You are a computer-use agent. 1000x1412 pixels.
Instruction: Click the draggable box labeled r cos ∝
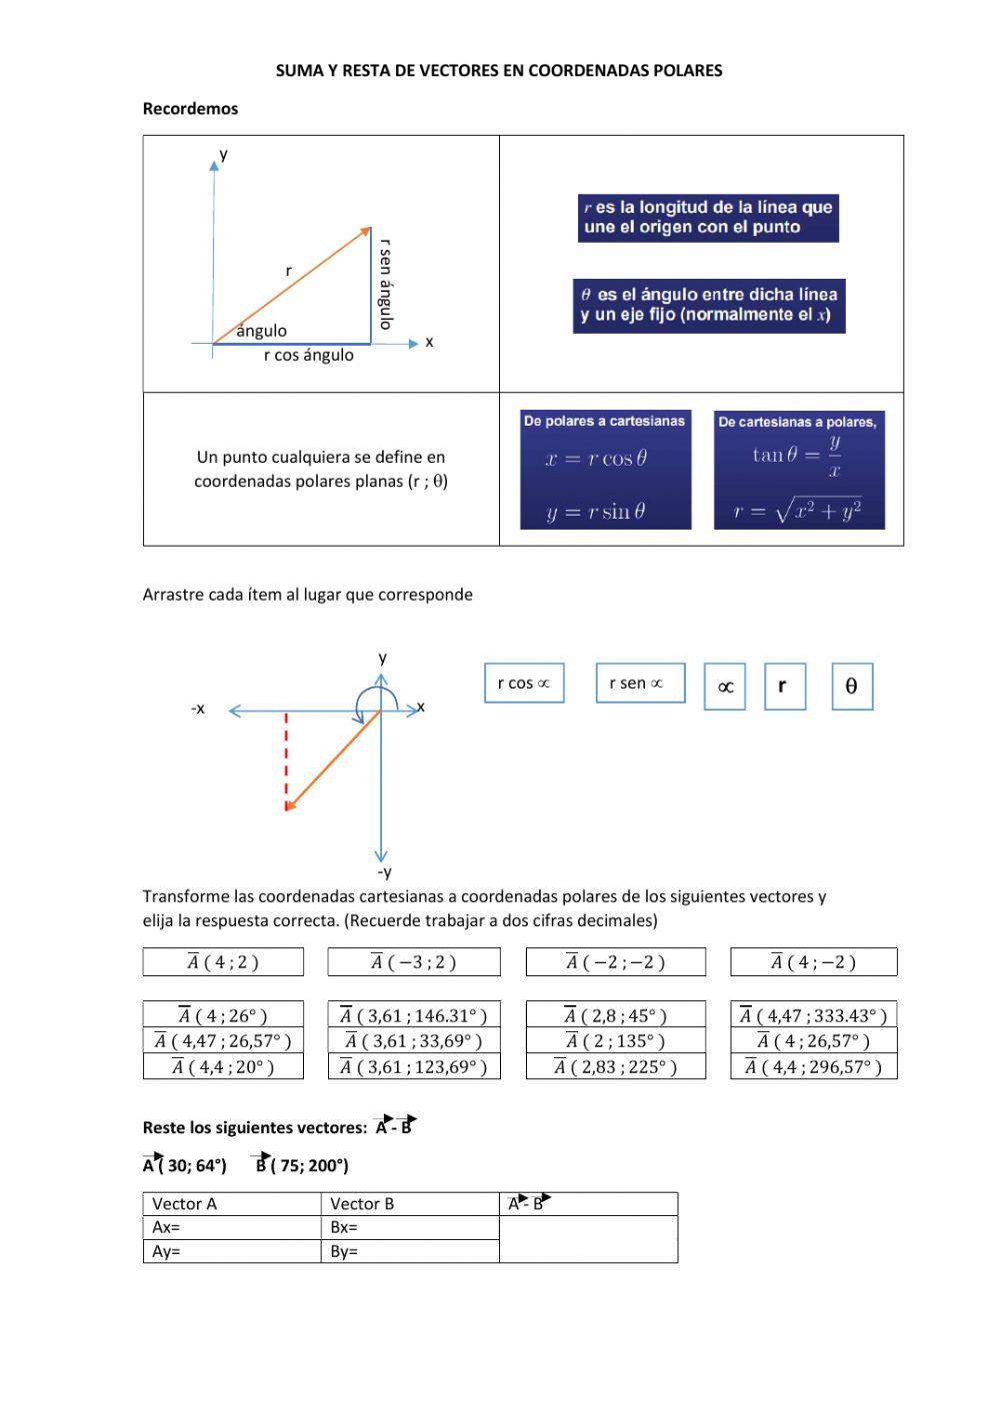pyautogui.click(x=524, y=684)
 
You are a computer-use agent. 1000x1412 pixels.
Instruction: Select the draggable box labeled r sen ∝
pyautogui.click(x=640, y=684)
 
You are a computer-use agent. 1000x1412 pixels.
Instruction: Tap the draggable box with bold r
pyautogui.click(x=784, y=686)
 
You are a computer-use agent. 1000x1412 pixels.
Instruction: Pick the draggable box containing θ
pyautogui.click(x=852, y=686)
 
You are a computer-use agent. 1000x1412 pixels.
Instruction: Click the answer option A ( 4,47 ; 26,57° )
pyautogui.click(x=223, y=1041)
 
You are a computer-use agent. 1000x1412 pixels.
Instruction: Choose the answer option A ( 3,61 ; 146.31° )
pyautogui.click(x=414, y=1015)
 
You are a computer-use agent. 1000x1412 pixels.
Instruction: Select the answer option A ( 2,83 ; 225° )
pyautogui.click(x=615, y=1067)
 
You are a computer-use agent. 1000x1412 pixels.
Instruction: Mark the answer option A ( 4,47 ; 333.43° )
pyautogui.click(x=813, y=1015)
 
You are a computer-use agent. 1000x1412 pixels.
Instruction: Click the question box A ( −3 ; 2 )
pyautogui.click(x=413, y=962)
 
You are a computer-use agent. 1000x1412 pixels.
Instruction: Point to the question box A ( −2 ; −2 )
pyautogui.click(x=615, y=962)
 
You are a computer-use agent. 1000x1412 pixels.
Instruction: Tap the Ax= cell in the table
pyautogui.click(x=231, y=1227)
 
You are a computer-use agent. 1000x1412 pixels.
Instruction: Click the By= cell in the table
pyautogui.click(x=410, y=1251)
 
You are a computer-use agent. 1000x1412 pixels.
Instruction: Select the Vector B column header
pyautogui.click(x=410, y=1203)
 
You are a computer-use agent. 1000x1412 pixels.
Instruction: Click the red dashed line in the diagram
pyautogui.click(x=287, y=759)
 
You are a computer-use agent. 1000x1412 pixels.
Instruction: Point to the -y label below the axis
pyautogui.click(x=383, y=872)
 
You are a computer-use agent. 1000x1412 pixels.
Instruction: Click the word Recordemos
pyautogui.click(x=190, y=109)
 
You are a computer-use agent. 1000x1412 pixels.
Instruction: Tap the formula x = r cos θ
pyautogui.click(x=597, y=459)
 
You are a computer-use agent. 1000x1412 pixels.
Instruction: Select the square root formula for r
pyautogui.click(x=798, y=511)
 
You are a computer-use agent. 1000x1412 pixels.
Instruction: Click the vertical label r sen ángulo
pyautogui.click(x=385, y=284)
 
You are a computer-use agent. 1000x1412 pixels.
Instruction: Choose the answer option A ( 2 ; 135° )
pyautogui.click(x=615, y=1041)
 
